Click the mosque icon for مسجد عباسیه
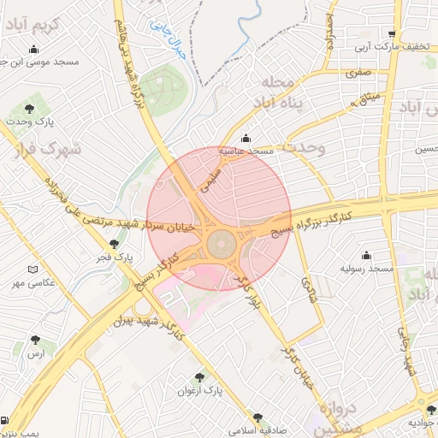[246, 138]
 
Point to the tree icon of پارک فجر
[114, 244]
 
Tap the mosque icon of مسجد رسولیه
[366, 255]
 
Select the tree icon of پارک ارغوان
[200, 376]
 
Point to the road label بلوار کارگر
[249, 291]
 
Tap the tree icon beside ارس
[35, 340]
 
